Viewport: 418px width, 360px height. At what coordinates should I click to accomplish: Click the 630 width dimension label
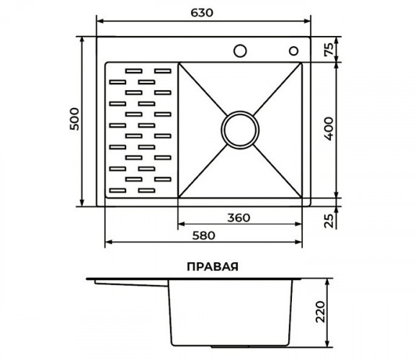[202, 13]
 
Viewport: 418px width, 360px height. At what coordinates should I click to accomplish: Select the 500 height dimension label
[74, 119]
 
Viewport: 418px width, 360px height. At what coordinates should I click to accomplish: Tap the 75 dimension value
[329, 49]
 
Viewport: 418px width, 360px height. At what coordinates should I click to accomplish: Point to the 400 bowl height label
[329, 129]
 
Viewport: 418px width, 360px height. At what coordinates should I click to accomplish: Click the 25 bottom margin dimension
[329, 220]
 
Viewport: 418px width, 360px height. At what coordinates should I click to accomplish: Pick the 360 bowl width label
[239, 218]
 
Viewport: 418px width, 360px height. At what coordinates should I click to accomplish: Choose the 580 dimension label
[203, 235]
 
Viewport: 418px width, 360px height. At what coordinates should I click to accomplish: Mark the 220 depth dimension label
[320, 312]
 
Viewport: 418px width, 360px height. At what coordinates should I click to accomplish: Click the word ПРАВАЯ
[213, 266]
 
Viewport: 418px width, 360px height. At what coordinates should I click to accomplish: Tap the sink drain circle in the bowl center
[240, 130]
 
